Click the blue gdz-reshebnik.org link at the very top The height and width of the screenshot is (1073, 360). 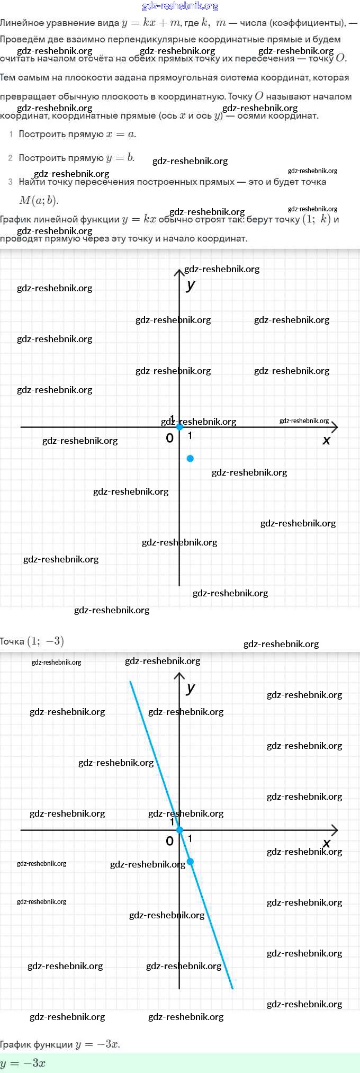180,6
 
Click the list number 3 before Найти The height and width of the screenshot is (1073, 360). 10,182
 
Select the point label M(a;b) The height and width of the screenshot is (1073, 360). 39,200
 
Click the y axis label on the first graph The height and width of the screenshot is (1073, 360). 191,285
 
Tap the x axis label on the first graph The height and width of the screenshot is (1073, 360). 326,440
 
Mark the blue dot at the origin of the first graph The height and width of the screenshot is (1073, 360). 179,427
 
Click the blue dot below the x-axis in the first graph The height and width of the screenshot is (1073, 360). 190,458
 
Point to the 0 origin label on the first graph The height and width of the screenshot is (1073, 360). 169,438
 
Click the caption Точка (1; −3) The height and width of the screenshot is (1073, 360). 32,641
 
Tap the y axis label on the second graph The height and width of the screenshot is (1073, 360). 191,688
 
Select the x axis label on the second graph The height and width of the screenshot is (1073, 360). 326,843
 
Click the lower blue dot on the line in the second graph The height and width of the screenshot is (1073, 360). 190,862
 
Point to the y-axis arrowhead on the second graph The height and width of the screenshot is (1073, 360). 179,676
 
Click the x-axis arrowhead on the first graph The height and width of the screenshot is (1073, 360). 334,427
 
